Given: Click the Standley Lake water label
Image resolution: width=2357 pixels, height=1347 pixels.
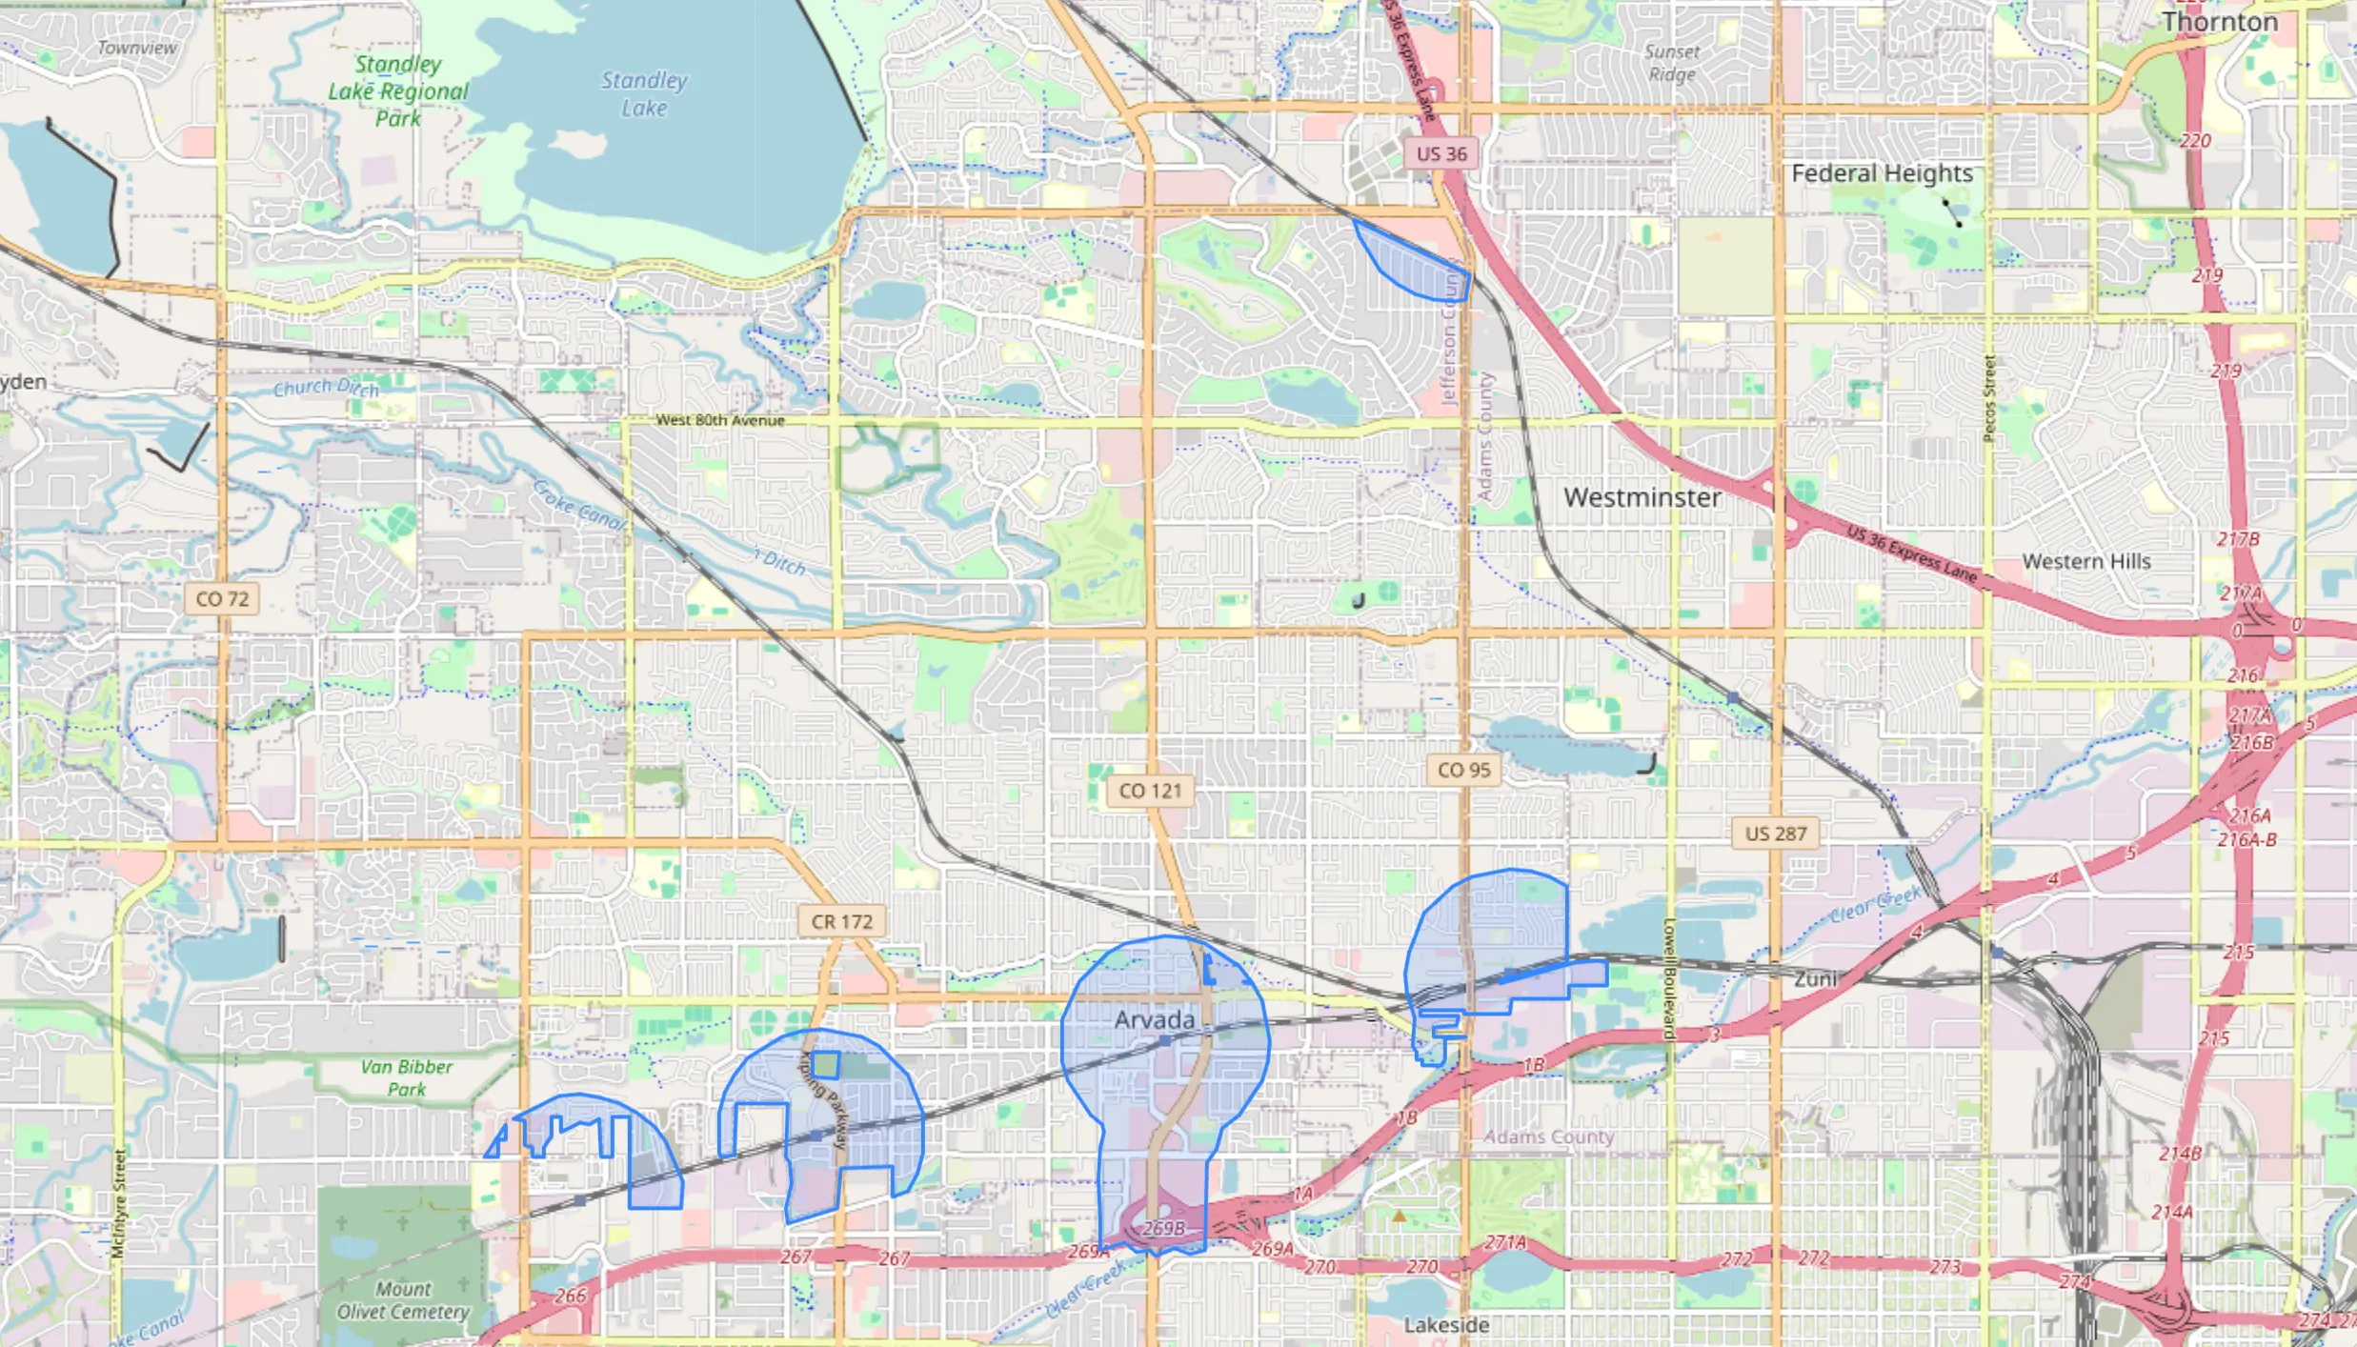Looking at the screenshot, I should point(644,94).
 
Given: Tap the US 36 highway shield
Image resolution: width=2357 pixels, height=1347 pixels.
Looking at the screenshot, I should point(1440,154).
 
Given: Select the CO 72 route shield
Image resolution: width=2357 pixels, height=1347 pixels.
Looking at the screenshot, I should point(222,599).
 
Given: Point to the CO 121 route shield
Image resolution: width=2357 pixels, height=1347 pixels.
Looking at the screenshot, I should point(1150,791).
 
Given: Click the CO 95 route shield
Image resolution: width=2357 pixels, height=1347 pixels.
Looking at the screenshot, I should point(1463,770).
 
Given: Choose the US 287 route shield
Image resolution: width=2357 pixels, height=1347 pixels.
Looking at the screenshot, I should point(1775,834).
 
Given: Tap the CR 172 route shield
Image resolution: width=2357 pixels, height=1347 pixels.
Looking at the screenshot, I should point(841,921).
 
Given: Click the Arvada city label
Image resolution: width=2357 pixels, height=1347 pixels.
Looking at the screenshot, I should point(1154,1020).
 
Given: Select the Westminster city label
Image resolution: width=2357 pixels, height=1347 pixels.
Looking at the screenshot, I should point(1642,497).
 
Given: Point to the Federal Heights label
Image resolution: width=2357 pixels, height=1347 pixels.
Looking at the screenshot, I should point(1881,173).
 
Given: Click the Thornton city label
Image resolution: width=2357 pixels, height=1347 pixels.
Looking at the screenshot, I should point(2219,22).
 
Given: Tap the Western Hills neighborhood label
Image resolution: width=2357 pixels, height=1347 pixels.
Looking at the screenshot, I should point(2085,562).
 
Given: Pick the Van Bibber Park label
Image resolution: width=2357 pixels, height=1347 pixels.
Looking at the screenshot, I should point(406,1077).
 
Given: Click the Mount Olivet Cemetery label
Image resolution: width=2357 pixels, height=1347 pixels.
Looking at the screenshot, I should point(403,1300).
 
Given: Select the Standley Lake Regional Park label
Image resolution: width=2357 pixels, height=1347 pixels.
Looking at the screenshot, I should point(398,91).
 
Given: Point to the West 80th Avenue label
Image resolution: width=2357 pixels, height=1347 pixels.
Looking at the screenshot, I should point(719,420).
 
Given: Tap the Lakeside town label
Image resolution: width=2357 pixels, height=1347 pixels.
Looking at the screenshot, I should point(1445,1325).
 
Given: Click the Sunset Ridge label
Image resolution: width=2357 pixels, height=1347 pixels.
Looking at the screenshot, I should point(1672,63).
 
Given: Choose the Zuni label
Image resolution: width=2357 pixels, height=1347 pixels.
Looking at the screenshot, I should point(1814,979).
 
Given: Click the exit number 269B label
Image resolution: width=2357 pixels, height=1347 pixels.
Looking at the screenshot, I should point(1162,1228).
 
